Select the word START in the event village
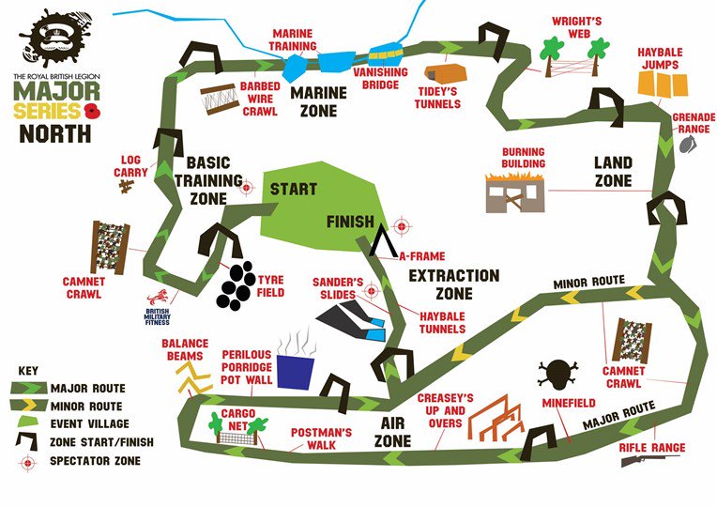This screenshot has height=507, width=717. click(293, 189)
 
